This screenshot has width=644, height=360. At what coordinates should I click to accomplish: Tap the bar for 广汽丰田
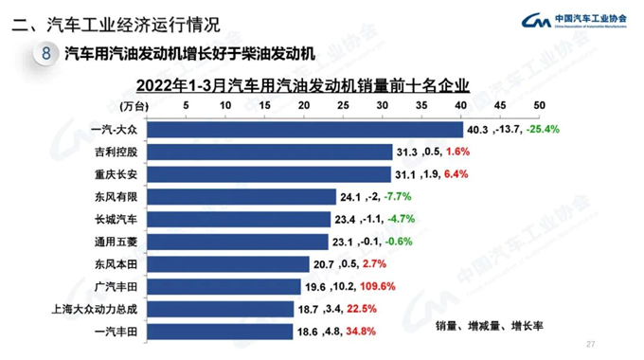(x=227, y=286)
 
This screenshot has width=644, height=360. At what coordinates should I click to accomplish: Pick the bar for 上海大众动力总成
(x=224, y=309)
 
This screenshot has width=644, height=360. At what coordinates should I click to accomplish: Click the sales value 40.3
(x=476, y=129)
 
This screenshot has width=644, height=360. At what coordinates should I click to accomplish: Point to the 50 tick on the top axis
(x=540, y=105)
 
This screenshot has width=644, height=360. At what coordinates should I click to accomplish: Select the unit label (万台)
(x=136, y=105)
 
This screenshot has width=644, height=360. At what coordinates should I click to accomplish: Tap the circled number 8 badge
(x=46, y=54)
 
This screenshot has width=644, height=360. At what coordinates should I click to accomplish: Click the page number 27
(x=592, y=343)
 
